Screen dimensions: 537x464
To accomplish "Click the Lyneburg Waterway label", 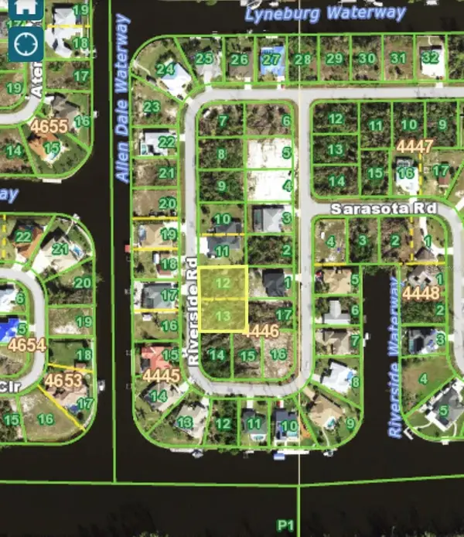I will click(326, 13).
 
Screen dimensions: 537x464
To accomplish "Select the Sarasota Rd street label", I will click(384, 209).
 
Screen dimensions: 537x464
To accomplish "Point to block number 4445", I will click(161, 376).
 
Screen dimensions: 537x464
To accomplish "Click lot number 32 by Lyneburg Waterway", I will click(431, 57).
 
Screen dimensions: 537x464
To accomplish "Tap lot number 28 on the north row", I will click(303, 60).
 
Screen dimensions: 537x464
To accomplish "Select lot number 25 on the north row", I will click(205, 58).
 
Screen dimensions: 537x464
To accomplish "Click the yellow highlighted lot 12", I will click(223, 283).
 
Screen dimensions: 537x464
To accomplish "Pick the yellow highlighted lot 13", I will click(223, 316).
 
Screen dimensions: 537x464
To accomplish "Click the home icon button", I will click(26, 9).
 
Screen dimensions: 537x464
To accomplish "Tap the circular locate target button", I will click(26, 45).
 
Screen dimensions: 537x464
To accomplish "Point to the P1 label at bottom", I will click(286, 526).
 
